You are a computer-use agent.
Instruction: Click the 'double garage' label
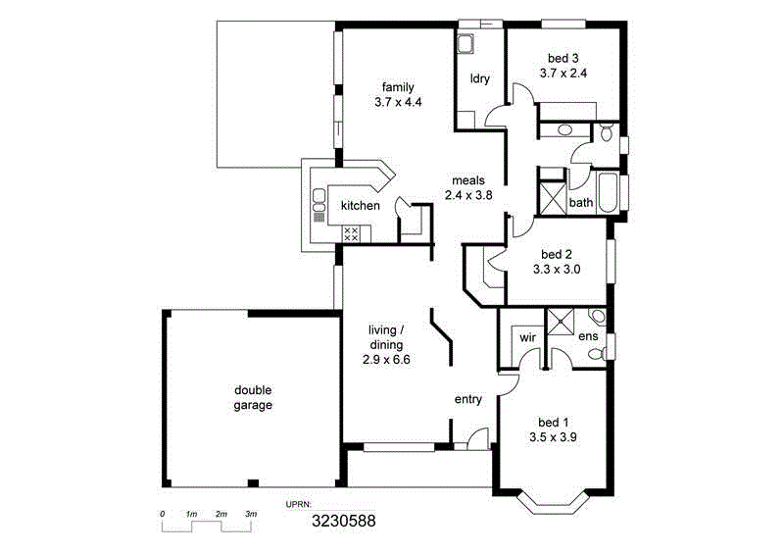253,397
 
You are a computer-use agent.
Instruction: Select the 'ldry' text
480,78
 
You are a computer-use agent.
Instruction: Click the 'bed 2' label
556,252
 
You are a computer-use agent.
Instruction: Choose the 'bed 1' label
553,425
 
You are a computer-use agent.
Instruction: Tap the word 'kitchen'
360,206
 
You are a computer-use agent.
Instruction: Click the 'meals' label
468,180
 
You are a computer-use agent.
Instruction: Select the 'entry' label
468,399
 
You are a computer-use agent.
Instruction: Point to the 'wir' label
527,336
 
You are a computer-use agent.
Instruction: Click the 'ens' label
588,337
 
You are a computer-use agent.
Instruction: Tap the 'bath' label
581,204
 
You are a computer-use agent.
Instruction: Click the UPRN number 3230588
343,522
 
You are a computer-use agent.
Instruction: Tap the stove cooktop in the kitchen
351,233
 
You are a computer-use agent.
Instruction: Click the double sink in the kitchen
318,202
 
